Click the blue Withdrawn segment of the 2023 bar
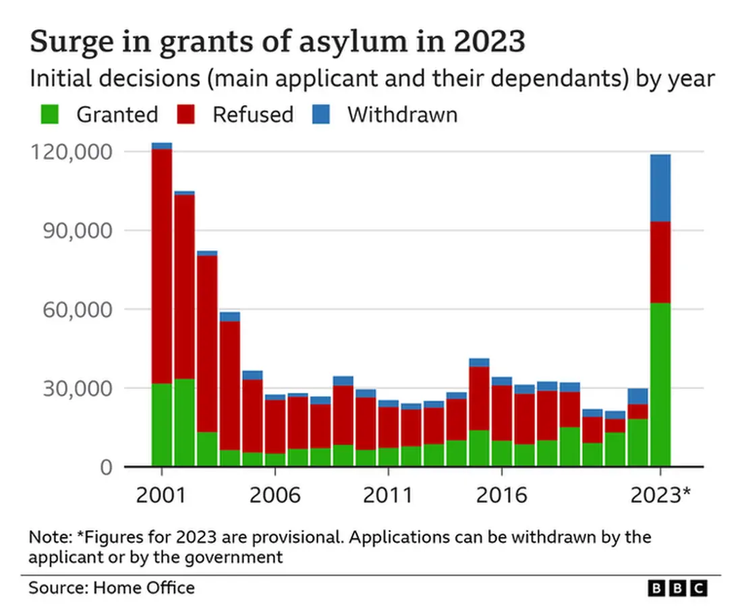tap(660, 187)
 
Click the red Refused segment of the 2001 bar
tap(162, 266)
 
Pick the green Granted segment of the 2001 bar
tap(162, 425)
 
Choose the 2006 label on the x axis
tap(275, 495)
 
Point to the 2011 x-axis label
tap(388, 495)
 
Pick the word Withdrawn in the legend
tap(402, 114)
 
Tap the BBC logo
tap(678, 588)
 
